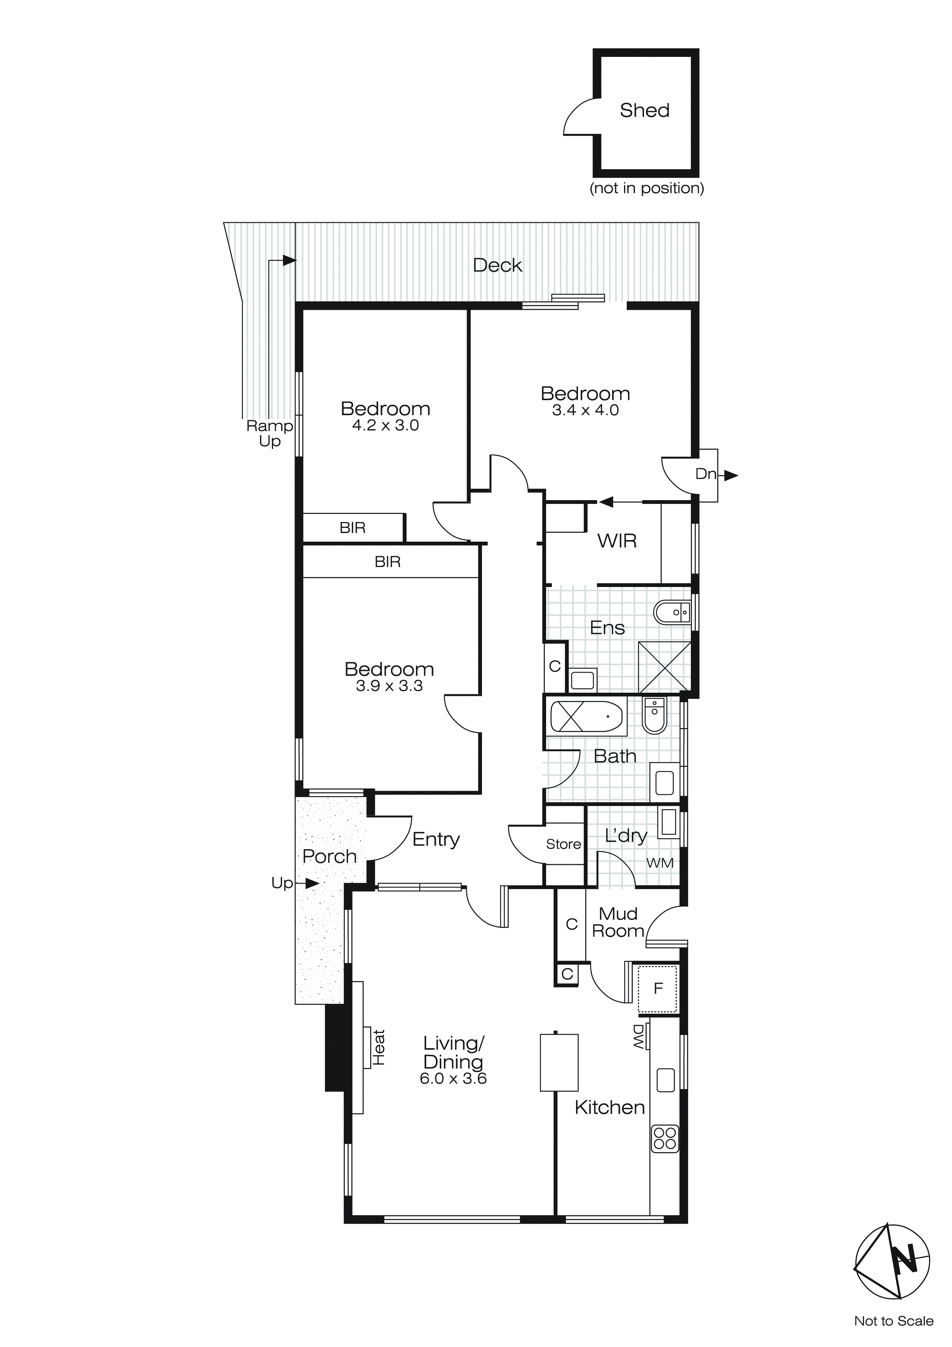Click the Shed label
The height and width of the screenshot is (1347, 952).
click(x=644, y=110)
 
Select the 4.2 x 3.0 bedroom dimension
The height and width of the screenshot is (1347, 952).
click(x=385, y=425)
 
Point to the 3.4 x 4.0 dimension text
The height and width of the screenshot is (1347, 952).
click(x=585, y=410)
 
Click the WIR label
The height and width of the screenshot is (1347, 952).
click(x=617, y=540)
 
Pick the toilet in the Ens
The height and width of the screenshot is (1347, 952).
click(x=672, y=612)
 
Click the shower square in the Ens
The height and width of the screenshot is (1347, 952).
click(x=664, y=667)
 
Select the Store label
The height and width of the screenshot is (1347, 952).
click(x=563, y=844)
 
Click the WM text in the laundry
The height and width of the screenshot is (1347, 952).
click(x=659, y=863)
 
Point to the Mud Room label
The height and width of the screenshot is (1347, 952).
click(x=618, y=922)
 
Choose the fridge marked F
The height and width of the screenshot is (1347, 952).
click(x=658, y=989)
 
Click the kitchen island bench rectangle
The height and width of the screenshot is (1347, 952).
click(x=559, y=1063)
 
